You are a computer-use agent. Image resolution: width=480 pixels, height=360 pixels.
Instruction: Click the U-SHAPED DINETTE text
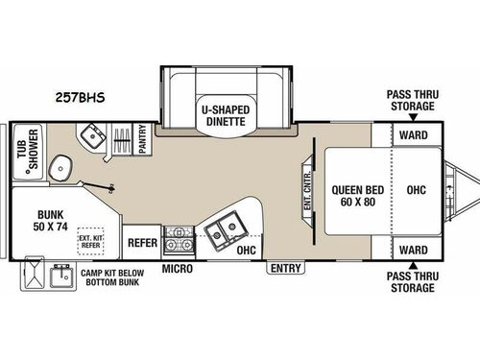[225, 116]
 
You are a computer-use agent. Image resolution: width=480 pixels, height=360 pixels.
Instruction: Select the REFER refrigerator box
[143, 244]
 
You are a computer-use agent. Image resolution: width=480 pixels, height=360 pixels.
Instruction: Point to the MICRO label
[178, 268]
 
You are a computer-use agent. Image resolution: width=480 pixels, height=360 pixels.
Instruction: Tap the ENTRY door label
[285, 268]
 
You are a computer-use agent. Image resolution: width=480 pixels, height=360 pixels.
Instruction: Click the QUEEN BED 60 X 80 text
[352, 195]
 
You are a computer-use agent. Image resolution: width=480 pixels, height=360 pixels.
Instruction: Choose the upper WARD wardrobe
[414, 135]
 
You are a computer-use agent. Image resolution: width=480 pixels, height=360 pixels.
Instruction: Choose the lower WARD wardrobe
[414, 250]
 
